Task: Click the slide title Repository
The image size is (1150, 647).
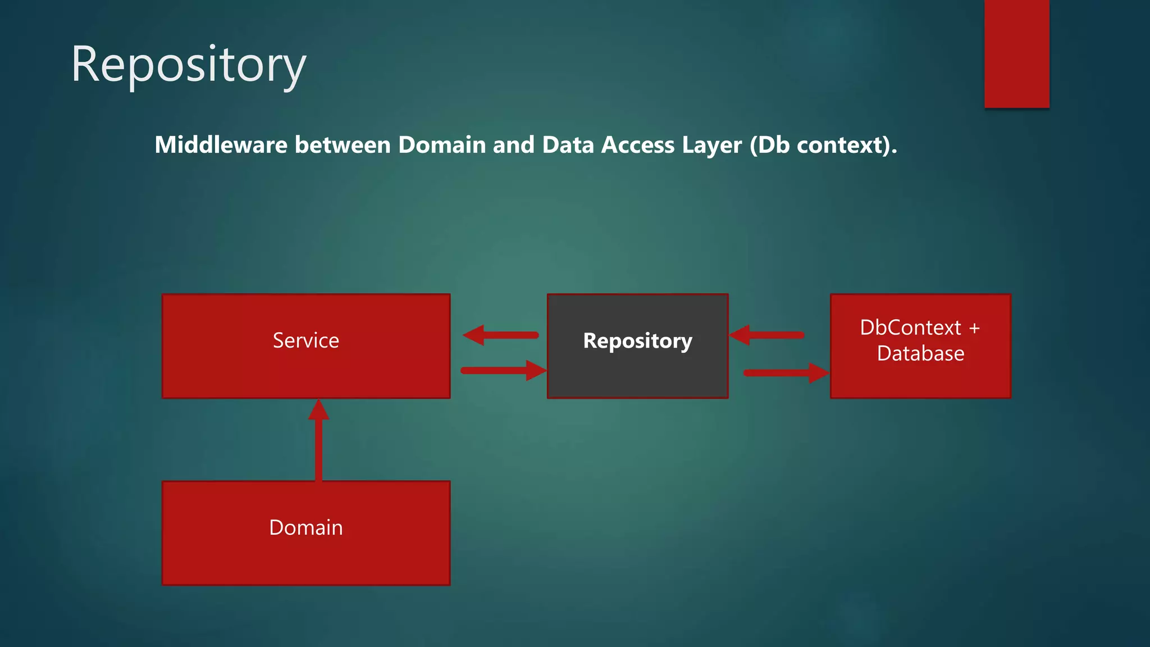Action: pos(189,65)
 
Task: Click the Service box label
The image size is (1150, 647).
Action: pos(306,340)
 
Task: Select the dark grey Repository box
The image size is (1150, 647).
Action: pos(637,365)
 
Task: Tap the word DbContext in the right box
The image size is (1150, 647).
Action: pos(910,327)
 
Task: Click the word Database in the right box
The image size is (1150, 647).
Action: pos(920,354)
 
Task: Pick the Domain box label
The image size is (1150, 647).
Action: pos(306,528)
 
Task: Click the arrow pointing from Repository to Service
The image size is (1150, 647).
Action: pos(501,335)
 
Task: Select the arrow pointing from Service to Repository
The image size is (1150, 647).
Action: pos(503,371)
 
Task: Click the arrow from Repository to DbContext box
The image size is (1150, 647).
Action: pos(785,372)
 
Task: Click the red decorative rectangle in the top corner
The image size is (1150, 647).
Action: pos(1016,54)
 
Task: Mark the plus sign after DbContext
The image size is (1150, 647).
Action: pos(974,328)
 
